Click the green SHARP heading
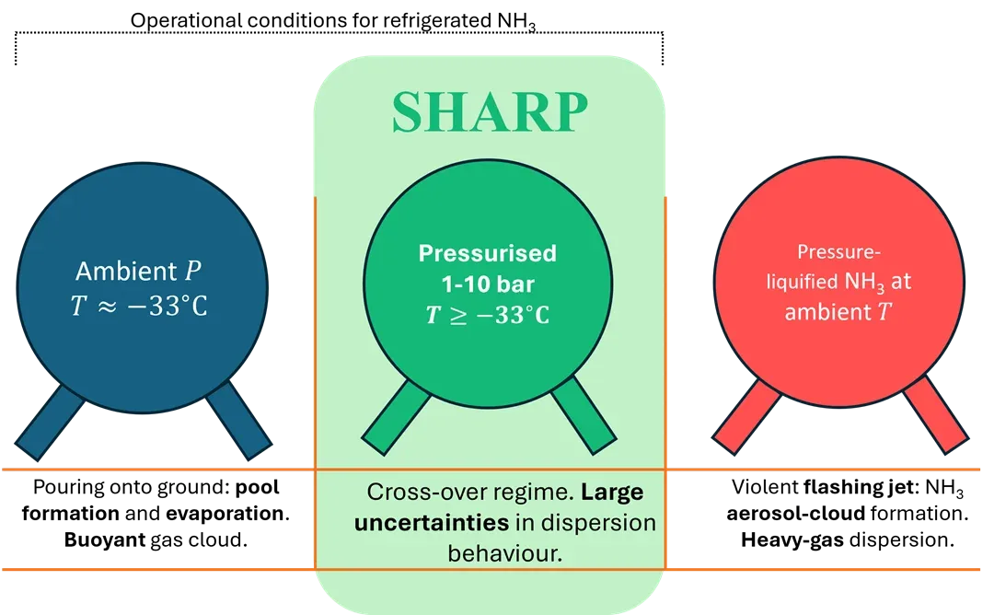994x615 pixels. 490,112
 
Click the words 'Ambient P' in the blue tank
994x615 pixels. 138,272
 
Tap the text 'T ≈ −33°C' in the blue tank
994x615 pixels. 139,307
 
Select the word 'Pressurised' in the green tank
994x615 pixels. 488,253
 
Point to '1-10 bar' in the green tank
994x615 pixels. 488,284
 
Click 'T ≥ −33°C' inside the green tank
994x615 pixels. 488,315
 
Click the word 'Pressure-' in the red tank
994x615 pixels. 838,251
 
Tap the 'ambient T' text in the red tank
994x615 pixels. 838,312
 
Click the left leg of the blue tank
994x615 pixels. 50,422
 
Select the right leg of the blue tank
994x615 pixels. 238,421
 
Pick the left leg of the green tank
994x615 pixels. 396,416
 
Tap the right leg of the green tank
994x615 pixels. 584,415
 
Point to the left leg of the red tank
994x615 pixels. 746,416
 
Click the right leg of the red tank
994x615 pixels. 936,414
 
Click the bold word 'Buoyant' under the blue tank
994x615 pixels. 105,540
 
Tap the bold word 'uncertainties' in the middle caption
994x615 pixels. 432,522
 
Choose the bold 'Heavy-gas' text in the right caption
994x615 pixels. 792,540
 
